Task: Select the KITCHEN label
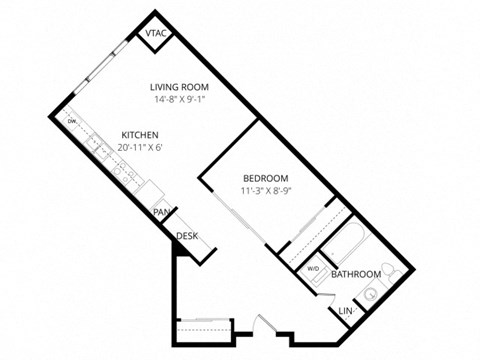140,135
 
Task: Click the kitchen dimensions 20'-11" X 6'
140,148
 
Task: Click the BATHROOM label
356,274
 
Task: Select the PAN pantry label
160,213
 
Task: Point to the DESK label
187,236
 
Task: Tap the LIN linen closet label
346,312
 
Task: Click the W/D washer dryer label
313,268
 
